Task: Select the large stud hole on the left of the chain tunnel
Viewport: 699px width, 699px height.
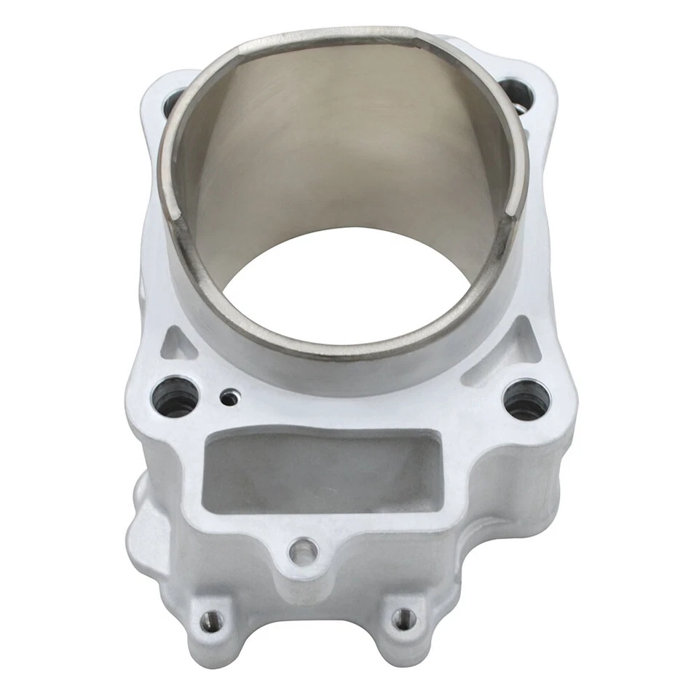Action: (x=175, y=397)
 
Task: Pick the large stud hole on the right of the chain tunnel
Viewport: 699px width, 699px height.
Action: (x=525, y=401)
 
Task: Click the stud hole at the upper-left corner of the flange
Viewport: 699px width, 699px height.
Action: (x=173, y=102)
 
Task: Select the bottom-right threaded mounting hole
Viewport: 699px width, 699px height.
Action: (x=400, y=619)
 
